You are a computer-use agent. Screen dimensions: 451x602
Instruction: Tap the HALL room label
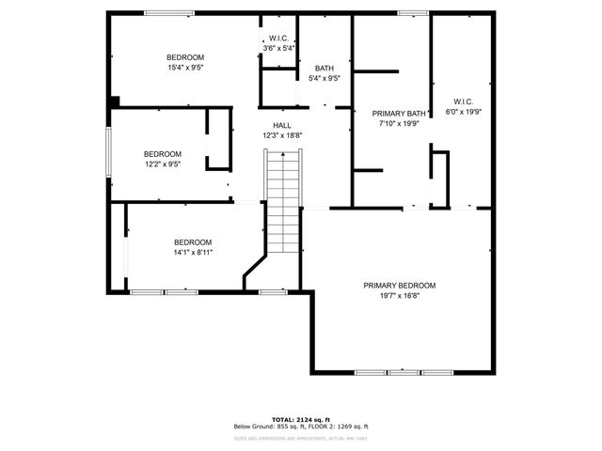(x=282, y=125)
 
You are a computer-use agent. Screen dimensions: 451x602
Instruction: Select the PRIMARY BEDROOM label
(x=400, y=285)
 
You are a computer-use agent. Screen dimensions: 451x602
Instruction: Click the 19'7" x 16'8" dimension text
(x=400, y=296)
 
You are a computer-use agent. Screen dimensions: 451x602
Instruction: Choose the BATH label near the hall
(x=324, y=68)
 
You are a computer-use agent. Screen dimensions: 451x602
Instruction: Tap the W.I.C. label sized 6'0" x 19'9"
(x=462, y=101)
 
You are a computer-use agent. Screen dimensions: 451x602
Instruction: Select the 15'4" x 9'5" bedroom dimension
(x=185, y=68)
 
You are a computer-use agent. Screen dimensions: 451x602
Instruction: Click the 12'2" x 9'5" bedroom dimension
(x=162, y=164)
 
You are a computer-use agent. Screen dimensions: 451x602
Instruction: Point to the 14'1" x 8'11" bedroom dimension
(x=192, y=253)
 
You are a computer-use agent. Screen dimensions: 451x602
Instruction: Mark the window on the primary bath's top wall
(x=412, y=12)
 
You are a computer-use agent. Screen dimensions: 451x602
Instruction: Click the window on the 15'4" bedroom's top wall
(x=169, y=12)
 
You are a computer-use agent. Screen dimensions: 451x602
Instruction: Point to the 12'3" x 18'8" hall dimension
(x=282, y=135)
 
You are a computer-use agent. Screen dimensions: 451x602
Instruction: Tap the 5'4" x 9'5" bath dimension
(x=324, y=79)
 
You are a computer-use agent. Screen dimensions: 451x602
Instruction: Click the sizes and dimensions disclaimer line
(x=301, y=438)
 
